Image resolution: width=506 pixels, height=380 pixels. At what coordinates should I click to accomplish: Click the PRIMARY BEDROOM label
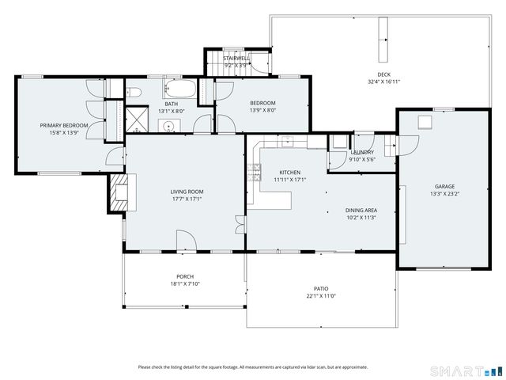coord(64,125)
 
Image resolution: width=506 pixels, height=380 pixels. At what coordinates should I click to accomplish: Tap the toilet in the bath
coord(134,93)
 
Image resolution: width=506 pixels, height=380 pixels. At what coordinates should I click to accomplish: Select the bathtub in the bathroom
coord(180,89)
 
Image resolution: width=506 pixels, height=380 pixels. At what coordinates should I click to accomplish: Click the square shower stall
coord(137,120)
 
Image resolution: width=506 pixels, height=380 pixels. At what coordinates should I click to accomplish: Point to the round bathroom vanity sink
coord(168,125)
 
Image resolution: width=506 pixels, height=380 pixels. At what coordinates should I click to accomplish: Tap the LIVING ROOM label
coord(187,192)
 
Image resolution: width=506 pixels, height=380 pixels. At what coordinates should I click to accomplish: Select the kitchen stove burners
coord(254,173)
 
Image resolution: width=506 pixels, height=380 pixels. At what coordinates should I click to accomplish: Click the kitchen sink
coord(286,141)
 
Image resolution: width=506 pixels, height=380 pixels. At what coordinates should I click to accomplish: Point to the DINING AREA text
coord(361,211)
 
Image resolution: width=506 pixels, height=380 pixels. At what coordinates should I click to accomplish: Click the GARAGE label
coord(444,187)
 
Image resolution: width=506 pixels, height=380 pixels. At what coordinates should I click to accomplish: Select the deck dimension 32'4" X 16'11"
coord(383,82)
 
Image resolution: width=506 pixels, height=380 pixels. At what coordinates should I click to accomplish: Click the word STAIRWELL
coord(236,59)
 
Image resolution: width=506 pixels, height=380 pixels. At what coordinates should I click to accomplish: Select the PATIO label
coord(321,288)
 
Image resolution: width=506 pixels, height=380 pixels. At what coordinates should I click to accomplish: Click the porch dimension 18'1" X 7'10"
coord(185,284)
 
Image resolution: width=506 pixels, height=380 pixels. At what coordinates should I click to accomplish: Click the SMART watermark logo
coord(466,370)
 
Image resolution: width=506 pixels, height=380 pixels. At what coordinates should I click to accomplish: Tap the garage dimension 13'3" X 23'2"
coord(444,194)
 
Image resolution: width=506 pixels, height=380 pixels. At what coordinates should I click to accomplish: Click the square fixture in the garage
coord(425,122)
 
